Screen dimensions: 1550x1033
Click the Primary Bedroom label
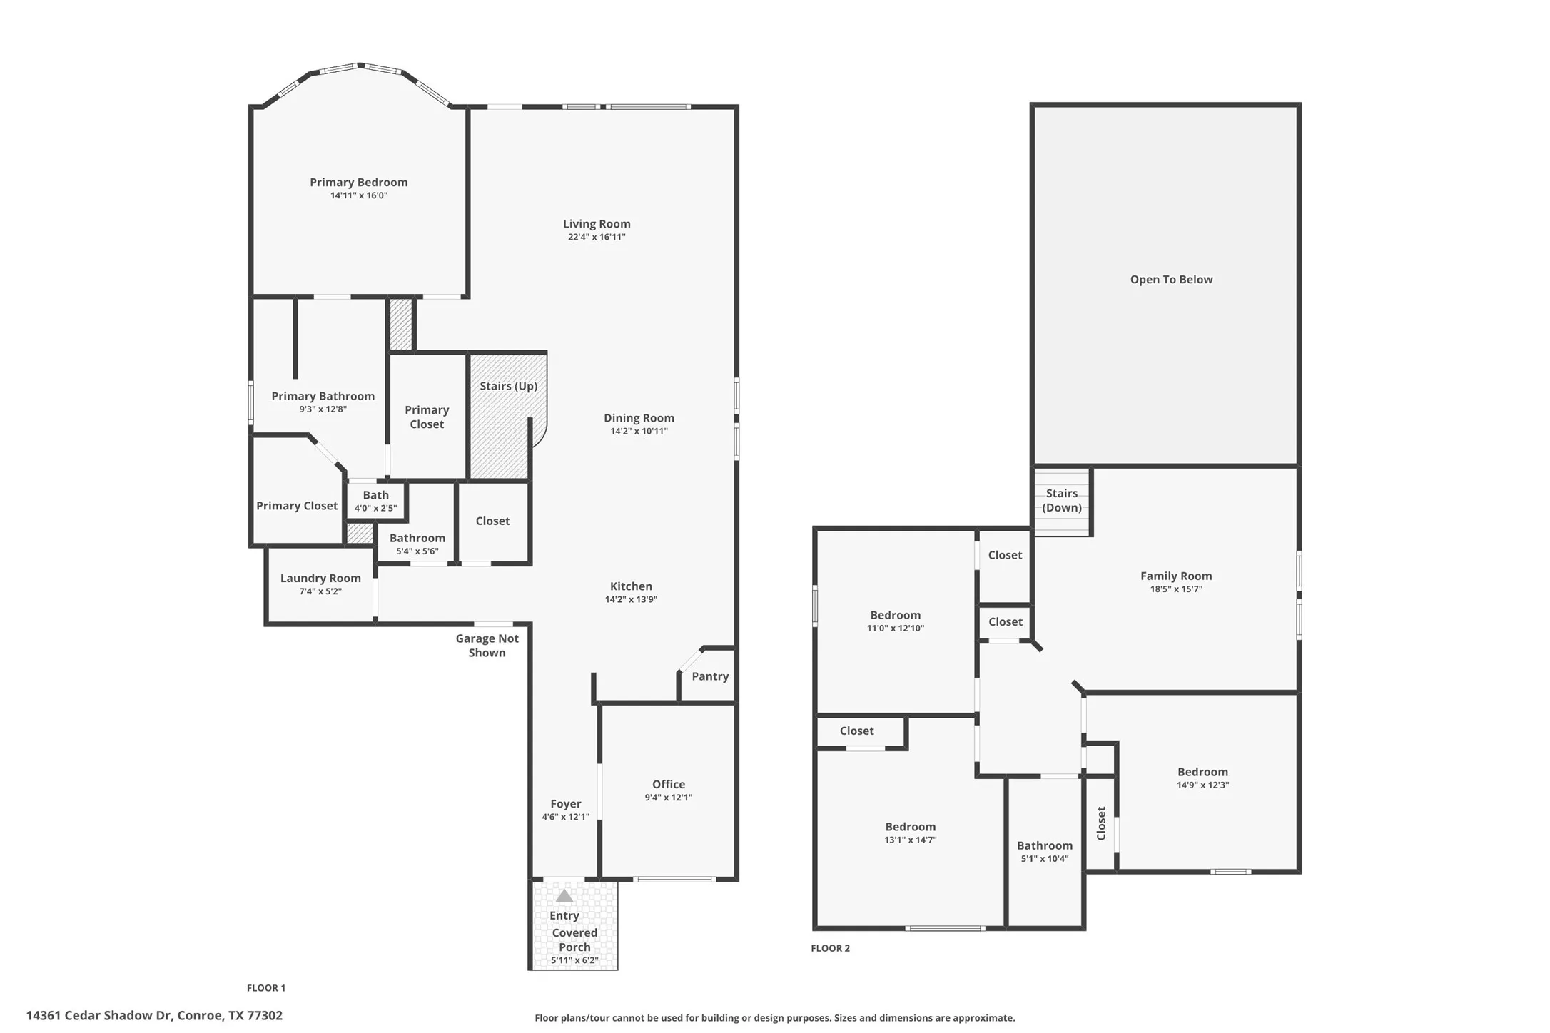coord(358,183)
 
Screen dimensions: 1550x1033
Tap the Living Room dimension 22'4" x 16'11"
coord(597,238)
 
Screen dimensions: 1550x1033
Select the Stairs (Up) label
coord(508,386)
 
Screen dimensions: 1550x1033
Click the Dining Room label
coord(639,418)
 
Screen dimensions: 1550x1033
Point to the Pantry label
coord(710,676)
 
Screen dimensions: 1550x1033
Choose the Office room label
coord(669,784)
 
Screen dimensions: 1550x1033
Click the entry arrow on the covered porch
coord(564,895)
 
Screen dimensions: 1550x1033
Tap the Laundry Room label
coord(320,579)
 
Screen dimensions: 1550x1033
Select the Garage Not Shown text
coord(487,646)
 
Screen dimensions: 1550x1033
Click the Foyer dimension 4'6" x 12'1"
coord(566,817)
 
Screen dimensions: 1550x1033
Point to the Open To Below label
coord(1171,280)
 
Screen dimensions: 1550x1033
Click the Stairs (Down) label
coord(1062,501)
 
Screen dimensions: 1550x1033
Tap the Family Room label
coord(1176,576)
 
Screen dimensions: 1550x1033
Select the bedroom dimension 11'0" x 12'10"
coord(896,629)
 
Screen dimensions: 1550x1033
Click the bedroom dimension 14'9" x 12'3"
coord(1203,785)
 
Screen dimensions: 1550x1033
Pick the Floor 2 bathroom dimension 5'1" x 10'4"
coord(1045,859)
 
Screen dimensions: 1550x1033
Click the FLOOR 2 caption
coord(831,948)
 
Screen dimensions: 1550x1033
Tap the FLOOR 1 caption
coord(266,988)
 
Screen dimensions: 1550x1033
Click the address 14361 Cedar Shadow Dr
coord(99,1016)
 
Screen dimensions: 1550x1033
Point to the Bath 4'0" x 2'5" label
coord(375,501)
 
